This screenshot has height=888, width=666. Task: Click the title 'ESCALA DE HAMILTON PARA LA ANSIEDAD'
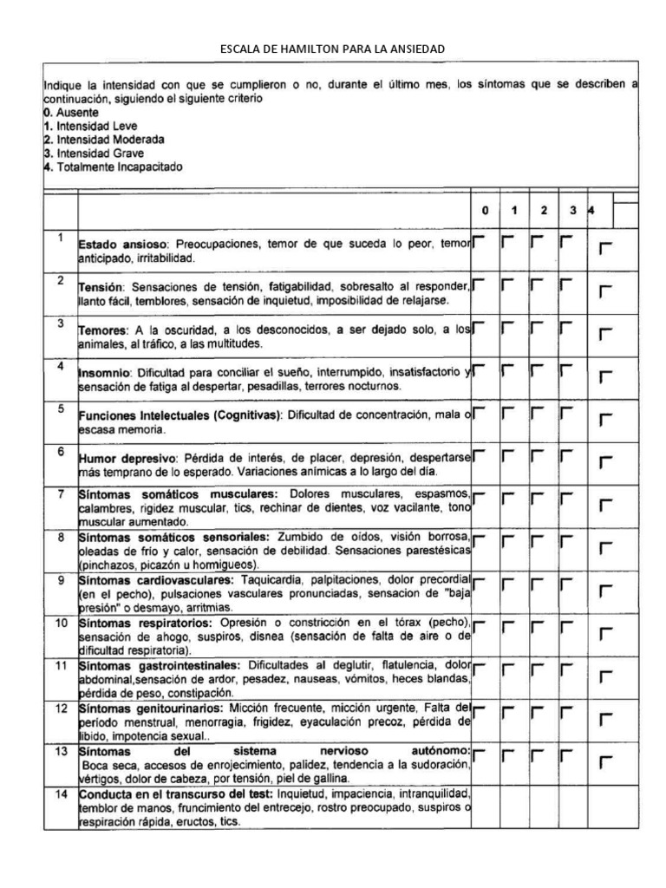pyautogui.click(x=333, y=49)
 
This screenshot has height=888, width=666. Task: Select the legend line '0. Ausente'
pyautogui.click(x=71, y=113)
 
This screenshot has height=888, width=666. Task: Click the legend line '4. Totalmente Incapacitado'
pyautogui.click(x=113, y=166)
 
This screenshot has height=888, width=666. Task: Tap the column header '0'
pyautogui.click(x=486, y=211)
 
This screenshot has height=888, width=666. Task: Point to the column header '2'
pyautogui.click(x=543, y=211)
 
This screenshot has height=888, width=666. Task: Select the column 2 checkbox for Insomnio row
pyautogui.click(x=537, y=369)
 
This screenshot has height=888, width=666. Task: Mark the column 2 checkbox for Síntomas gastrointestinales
pyautogui.click(x=537, y=666)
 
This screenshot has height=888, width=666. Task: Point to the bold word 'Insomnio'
pyautogui.click(x=103, y=373)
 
